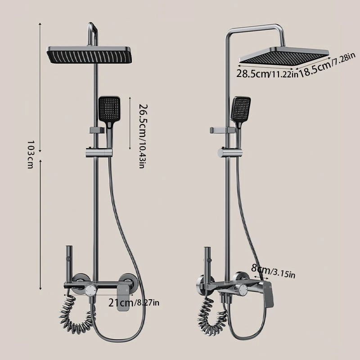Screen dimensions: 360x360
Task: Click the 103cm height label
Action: click(30, 154)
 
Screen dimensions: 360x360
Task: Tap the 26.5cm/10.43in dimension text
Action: click(143, 136)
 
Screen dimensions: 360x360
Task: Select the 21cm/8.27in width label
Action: click(134, 303)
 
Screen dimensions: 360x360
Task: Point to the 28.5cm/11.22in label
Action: click(267, 74)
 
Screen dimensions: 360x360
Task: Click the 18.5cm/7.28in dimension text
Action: click(327, 65)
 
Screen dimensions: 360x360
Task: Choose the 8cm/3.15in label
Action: click(273, 271)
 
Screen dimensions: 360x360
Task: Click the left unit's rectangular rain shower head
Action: click(89, 55)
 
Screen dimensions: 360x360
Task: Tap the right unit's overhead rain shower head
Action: click(284, 55)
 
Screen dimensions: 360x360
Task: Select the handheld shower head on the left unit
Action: click(109, 117)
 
